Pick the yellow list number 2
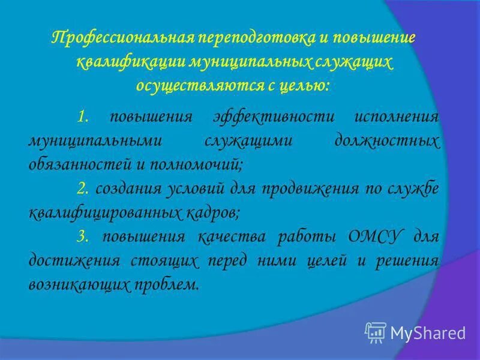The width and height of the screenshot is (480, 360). click(83, 189)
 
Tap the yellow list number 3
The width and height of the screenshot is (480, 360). click(83, 237)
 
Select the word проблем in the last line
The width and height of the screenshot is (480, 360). click(169, 285)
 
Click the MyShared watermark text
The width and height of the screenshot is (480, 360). click(428, 332)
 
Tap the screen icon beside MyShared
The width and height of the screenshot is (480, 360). click(376, 331)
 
